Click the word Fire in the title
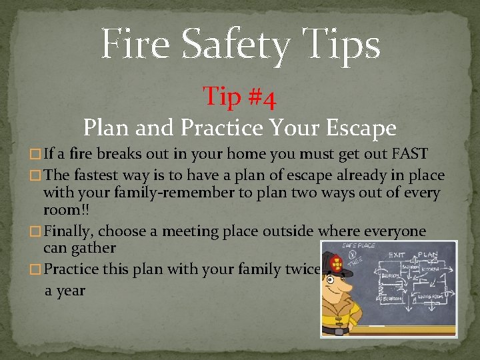coord(136,44)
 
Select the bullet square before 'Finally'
coord(37,232)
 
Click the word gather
coord(94,248)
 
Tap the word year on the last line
coord(70,291)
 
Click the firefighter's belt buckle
coord(338,331)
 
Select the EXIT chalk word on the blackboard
coord(397,255)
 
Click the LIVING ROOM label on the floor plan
coord(430,297)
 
